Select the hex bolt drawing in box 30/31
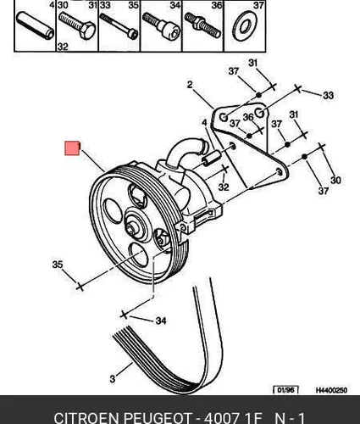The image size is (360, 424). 77,25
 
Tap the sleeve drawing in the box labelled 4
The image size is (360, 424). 36,25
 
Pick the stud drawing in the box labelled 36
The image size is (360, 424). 202,25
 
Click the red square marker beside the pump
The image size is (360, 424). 72,148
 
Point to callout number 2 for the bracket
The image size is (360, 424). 190,85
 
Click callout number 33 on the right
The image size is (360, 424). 328,95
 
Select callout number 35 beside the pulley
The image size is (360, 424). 58,265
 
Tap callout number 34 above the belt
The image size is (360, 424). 161,321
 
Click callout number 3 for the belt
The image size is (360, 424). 113,379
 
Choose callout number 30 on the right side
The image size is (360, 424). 335,180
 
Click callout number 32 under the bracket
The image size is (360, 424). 224,187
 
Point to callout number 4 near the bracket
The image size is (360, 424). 204,123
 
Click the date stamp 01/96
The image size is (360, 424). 285,390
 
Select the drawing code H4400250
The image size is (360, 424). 331,390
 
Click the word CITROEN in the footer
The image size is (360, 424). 87,418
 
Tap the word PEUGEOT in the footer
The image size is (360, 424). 158,418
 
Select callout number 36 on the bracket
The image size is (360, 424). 249,117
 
